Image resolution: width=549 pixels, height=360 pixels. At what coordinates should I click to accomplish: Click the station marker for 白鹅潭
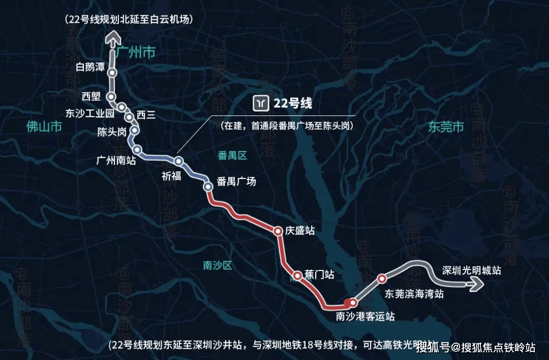(112, 73)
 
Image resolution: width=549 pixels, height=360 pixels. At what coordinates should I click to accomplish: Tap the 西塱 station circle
(111, 97)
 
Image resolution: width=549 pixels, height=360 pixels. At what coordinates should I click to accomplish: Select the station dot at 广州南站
(137, 149)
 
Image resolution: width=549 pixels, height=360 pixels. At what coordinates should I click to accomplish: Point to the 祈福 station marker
(178, 161)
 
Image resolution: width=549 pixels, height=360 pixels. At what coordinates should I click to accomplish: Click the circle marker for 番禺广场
(208, 187)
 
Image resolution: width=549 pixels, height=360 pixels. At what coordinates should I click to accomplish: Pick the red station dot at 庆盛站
(278, 231)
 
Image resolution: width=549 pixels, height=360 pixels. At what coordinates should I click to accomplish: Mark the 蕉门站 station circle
(297, 275)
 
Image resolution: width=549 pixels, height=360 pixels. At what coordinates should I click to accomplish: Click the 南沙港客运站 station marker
(353, 303)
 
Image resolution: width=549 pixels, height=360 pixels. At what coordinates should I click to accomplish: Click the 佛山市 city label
(44, 126)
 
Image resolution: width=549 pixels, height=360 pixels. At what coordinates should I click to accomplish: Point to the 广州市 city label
(135, 53)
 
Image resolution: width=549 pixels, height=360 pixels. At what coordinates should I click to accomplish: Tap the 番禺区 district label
(232, 156)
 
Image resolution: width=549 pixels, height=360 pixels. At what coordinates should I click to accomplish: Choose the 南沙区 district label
(217, 265)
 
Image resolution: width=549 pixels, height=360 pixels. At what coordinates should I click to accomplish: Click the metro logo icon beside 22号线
(261, 103)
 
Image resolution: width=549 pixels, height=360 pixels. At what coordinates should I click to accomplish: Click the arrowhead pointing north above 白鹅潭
(112, 37)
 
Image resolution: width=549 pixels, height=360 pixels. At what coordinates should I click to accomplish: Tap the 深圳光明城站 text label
(472, 271)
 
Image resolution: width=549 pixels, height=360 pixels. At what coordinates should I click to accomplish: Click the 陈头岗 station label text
(112, 132)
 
